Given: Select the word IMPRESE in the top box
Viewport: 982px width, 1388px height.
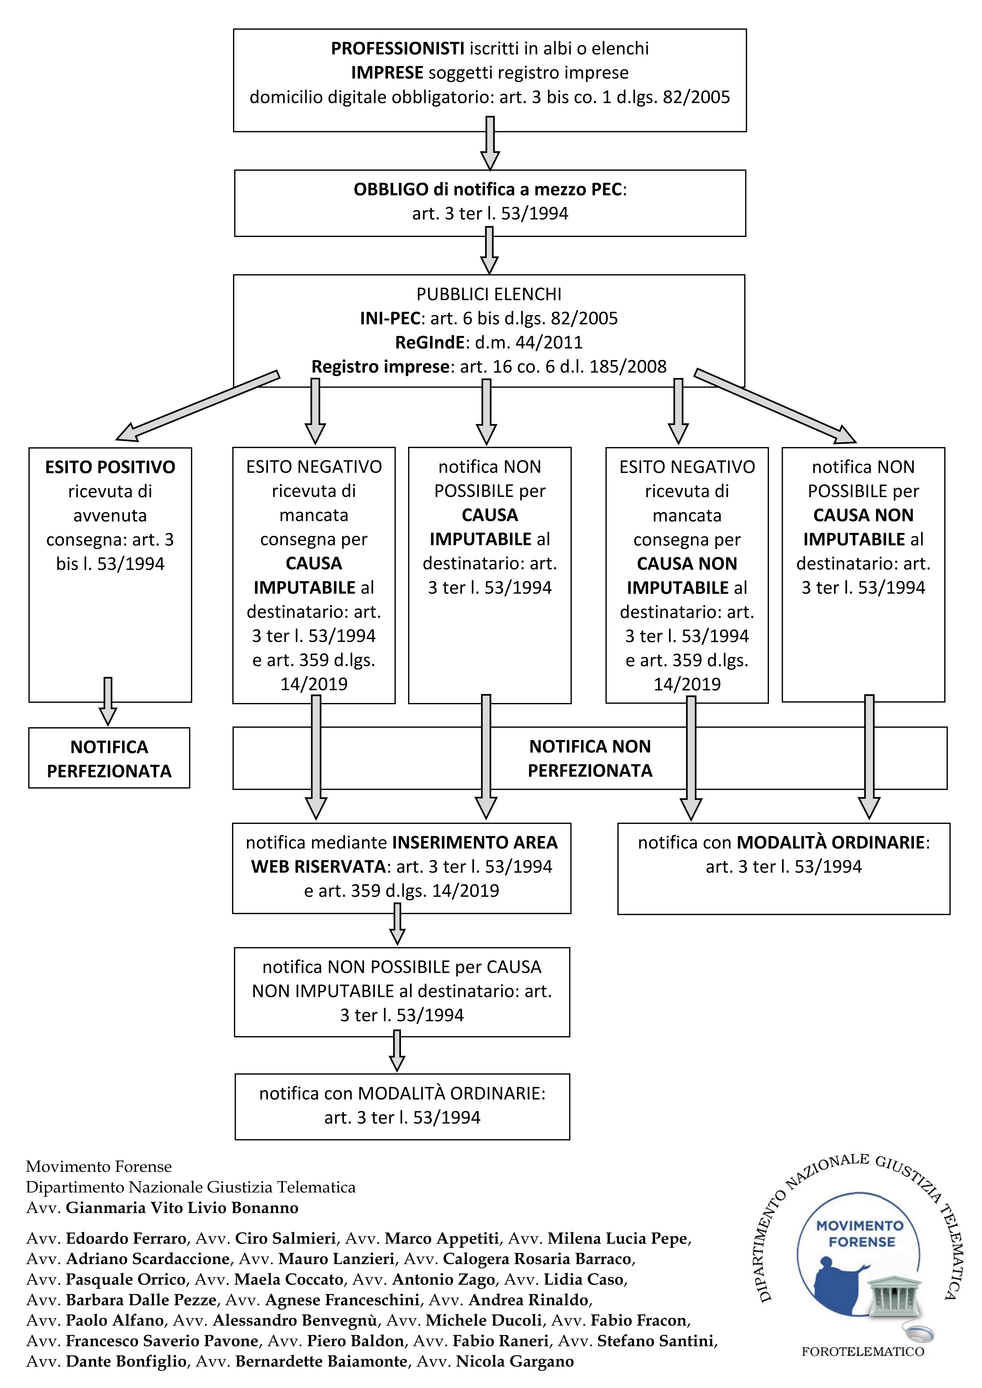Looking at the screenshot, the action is tap(387, 73).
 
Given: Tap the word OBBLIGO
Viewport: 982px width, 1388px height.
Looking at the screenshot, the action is tap(391, 189).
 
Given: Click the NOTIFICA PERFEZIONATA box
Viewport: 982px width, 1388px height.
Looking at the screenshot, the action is tap(110, 758).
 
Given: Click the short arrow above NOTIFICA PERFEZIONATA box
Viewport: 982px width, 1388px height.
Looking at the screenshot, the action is tap(108, 701).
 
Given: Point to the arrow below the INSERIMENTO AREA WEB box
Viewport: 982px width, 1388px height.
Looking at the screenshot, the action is tap(397, 924).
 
